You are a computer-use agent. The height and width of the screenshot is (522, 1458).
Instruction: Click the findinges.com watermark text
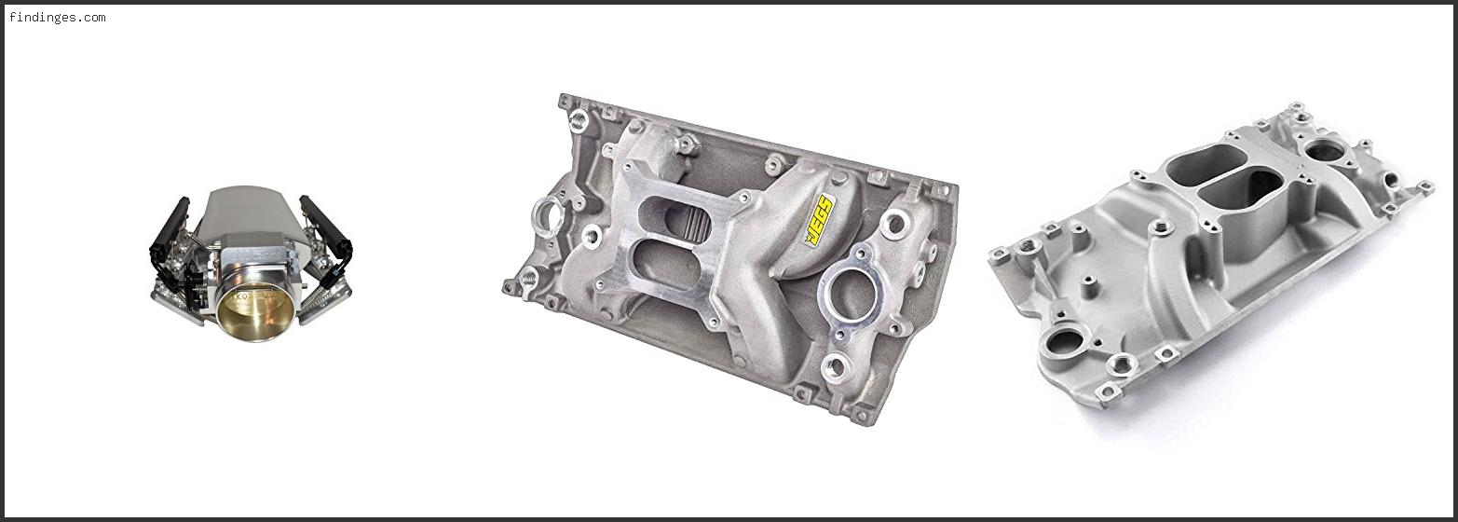(x=57, y=17)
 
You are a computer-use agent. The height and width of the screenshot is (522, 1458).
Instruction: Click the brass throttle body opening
(x=255, y=311)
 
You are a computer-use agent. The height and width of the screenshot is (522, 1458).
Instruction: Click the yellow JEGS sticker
(x=819, y=220)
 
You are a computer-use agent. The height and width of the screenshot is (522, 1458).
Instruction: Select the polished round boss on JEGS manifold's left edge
(x=548, y=216)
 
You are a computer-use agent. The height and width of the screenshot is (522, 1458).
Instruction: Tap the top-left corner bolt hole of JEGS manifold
(x=565, y=101)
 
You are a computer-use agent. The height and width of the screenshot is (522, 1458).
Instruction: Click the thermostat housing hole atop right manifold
(x=1324, y=150)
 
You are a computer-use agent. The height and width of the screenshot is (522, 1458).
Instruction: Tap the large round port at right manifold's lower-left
(x=1063, y=342)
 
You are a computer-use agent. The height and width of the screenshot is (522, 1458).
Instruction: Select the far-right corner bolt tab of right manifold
(x=1424, y=186)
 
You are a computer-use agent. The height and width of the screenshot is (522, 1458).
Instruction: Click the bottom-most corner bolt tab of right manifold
(x=1108, y=391)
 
